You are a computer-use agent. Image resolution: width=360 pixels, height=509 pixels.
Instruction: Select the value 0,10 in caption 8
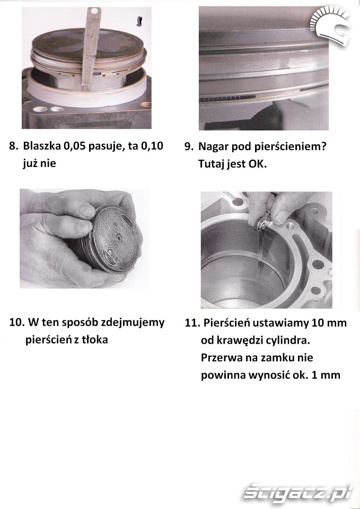[152, 146]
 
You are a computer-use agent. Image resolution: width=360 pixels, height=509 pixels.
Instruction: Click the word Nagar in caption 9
[213, 147]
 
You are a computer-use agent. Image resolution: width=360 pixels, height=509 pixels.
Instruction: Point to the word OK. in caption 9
[258, 164]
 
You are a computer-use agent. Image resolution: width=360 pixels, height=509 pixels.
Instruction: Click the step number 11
[191, 323]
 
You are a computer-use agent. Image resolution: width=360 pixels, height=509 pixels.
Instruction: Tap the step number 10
[16, 323]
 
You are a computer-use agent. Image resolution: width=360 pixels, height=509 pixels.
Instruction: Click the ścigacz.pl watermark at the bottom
[298, 493]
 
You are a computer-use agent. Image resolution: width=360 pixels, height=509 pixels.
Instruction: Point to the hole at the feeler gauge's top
[94, 11]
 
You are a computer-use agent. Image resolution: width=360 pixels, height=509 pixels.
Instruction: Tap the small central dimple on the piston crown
[119, 239]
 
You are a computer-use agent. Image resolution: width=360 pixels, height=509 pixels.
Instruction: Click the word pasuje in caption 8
[106, 147]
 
